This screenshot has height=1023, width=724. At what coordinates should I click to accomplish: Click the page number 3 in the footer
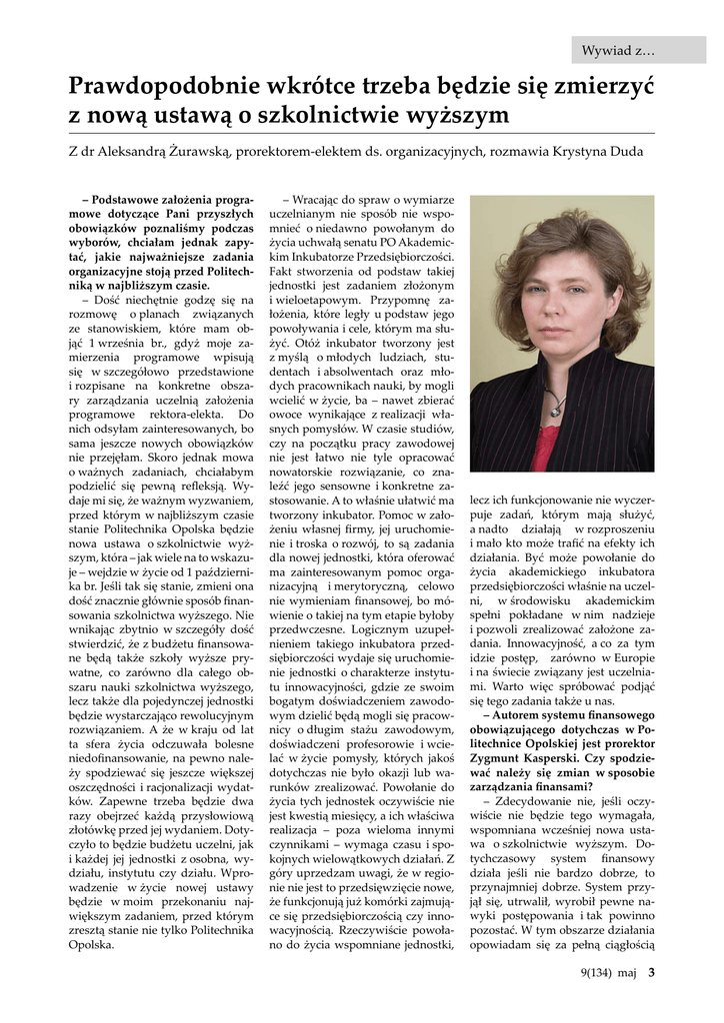tap(651, 969)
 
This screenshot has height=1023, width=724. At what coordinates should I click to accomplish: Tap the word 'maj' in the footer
tap(627, 970)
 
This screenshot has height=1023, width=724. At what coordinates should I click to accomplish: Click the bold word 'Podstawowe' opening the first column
tap(133, 200)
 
